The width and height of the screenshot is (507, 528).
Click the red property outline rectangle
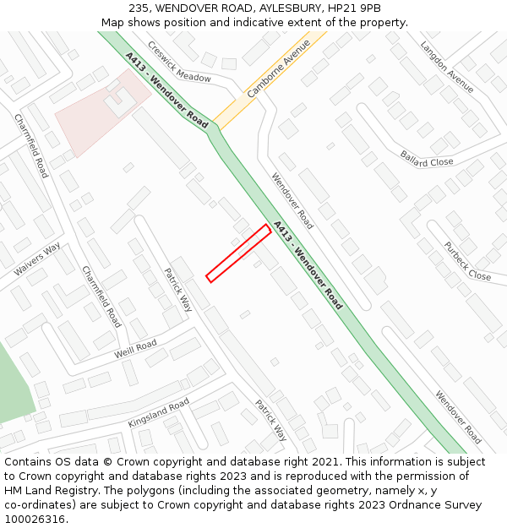(x=239, y=252)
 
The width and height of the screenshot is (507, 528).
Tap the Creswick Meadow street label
(x=179, y=62)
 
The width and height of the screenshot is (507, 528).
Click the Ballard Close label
(x=427, y=158)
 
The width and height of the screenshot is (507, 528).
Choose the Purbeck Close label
(x=467, y=262)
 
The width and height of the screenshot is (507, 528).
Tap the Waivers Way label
(x=37, y=259)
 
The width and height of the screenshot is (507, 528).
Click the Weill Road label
(x=135, y=349)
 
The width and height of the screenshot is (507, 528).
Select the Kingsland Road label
(x=158, y=412)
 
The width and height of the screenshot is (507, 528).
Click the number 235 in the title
(x=140, y=8)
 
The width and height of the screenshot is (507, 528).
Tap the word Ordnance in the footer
(x=406, y=505)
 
